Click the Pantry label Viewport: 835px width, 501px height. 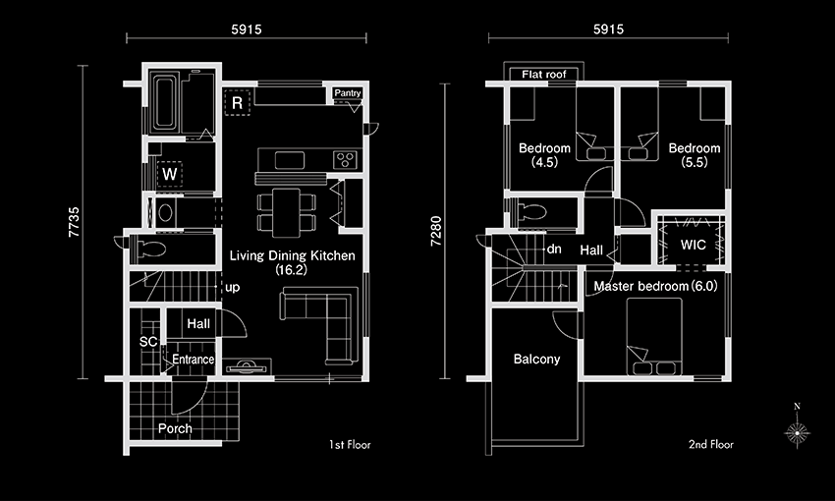[x=347, y=93]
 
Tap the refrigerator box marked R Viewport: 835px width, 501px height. [x=237, y=103]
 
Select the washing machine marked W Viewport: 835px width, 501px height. [x=169, y=174]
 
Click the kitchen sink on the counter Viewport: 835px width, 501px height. [x=290, y=160]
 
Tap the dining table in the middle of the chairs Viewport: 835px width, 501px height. [x=287, y=212]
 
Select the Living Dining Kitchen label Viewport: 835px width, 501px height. [x=293, y=262]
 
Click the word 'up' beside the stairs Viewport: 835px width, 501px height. [x=232, y=288]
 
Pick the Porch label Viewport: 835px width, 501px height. [x=175, y=428]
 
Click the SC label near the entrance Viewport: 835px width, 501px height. [x=148, y=342]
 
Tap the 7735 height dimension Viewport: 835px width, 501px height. [x=74, y=221]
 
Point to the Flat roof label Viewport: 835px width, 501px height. [x=543, y=75]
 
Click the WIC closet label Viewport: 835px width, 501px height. [x=693, y=245]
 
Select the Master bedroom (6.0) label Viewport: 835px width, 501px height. [x=655, y=287]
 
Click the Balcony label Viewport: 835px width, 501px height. [x=536, y=360]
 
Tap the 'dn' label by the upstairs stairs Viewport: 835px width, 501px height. [x=554, y=249]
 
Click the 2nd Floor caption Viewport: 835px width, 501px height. [x=711, y=445]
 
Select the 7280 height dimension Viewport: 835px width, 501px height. [x=436, y=231]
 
